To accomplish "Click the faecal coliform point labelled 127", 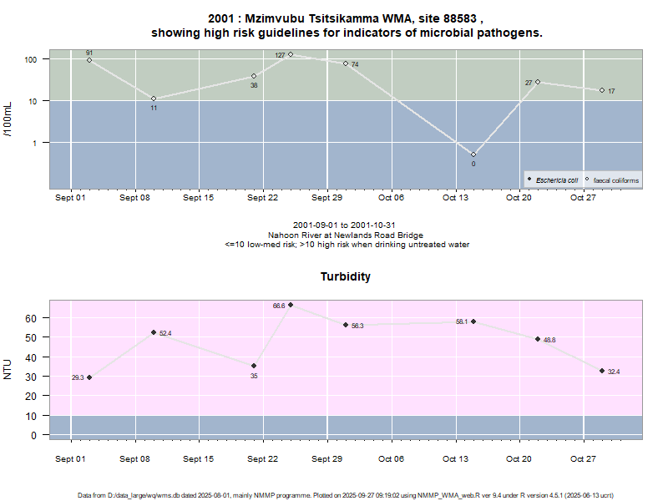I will [291, 54].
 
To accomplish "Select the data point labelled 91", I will [89, 60].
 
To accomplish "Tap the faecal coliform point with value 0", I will [473, 154].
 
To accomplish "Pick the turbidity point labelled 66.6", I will [291, 305].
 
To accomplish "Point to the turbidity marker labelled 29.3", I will [89, 377].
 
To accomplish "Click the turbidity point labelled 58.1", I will [473, 321].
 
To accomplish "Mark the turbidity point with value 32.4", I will [602, 371].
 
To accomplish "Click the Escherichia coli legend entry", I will [556, 180].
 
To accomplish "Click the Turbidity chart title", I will [346, 276].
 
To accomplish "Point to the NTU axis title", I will [8, 368].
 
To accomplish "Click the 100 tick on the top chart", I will [33, 60].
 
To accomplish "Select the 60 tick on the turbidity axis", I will [32, 318].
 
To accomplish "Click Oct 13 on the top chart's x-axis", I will [455, 198].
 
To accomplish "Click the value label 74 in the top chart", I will [355, 64].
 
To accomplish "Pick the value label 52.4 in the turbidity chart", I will [165, 333].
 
